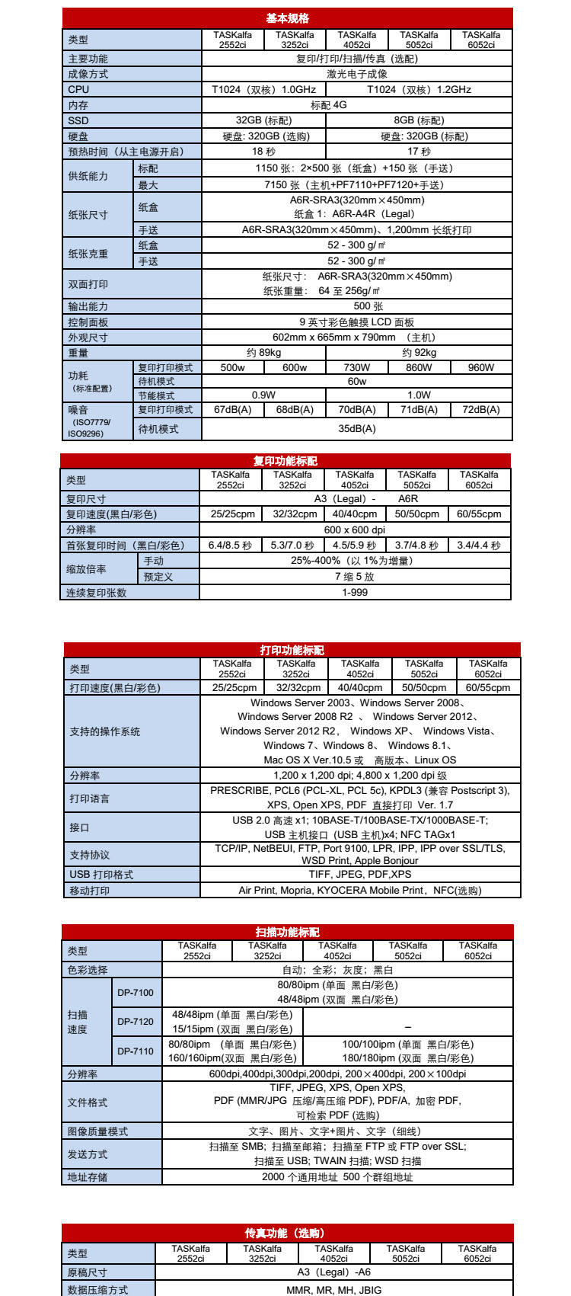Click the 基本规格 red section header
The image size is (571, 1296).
287,18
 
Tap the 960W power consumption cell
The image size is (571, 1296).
481,367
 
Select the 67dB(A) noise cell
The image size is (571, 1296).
232,410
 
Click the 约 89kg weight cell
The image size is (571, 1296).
263,353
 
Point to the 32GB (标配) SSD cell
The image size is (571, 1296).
263,120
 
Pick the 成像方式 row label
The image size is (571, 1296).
88,74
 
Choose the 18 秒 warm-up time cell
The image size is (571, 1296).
263,152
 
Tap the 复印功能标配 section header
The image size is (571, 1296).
285,461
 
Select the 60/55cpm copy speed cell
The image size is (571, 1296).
479,514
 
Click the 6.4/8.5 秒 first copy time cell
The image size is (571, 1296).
230,546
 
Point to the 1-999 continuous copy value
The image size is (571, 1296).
355,593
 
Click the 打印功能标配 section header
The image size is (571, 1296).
292,650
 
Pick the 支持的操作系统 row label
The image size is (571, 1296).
105,731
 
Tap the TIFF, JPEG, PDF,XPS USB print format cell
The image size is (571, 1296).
360,875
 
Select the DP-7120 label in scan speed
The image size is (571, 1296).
136,1022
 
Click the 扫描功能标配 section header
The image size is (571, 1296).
287,932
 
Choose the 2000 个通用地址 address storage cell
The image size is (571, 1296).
337,1177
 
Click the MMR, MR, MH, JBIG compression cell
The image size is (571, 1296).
334,1290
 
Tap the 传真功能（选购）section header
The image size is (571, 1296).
287,1233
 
